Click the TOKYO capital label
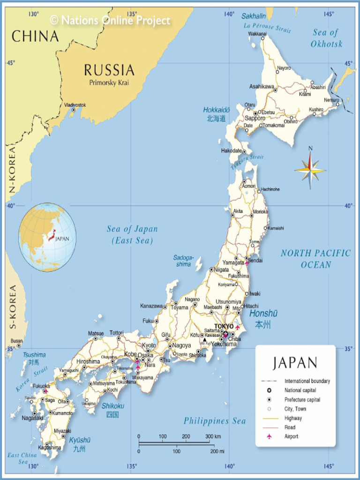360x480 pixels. pyautogui.click(x=224, y=326)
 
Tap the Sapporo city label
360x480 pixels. pyautogui.click(x=255, y=119)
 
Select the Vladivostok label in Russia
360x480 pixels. pyautogui.click(x=75, y=105)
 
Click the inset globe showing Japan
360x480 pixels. pyautogui.click(x=47, y=237)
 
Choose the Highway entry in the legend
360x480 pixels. pyautogui.click(x=293, y=418)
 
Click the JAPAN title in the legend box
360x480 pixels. pyautogui.click(x=295, y=363)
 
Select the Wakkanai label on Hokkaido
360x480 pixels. pyautogui.click(x=257, y=34)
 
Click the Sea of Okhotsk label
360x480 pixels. pyautogui.click(x=326, y=38)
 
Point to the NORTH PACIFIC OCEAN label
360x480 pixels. pyautogui.click(x=315, y=259)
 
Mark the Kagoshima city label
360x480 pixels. pyautogui.click(x=49, y=447)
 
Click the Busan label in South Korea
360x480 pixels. pyautogui.click(x=16, y=341)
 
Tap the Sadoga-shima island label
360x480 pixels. pyautogui.click(x=183, y=261)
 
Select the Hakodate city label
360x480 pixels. pyautogui.click(x=231, y=151)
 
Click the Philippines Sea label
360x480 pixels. pyautogui.click(x=214, y=421)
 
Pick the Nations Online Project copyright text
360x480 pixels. pyautogui.click(x=110, y=20)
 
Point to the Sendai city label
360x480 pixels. pyautogui.click(x=255, y=261)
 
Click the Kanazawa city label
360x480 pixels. pyautogui.click(x=151, y=306)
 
